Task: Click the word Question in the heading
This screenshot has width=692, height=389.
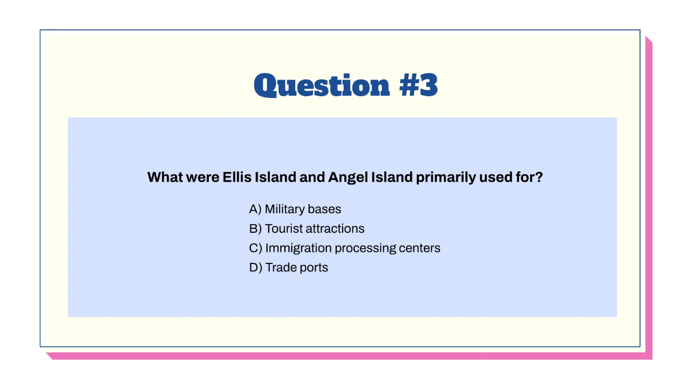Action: point(322,85)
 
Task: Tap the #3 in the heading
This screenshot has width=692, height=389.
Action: point(418,85)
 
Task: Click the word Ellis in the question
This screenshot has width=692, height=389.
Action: point(236,177)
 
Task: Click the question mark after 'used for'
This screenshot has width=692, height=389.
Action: point(539,177)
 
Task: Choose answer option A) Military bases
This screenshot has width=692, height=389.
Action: point(295,209)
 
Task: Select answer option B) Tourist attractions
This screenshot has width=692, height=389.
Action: point(306,229)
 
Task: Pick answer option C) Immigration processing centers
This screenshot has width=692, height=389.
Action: point(344,248)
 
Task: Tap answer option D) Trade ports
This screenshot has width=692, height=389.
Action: point(288,267)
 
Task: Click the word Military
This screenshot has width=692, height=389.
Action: point(285,209)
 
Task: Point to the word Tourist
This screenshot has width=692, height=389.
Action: point(284,229)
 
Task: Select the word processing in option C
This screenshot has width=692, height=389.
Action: point(366,248)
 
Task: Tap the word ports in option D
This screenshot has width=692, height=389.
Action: point(313,267)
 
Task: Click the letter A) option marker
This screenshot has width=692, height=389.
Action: point(255,209)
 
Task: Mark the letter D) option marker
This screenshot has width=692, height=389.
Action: point(255,267)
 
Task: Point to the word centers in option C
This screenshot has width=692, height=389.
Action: point(420,248)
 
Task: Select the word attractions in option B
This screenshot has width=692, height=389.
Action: point(335,229)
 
